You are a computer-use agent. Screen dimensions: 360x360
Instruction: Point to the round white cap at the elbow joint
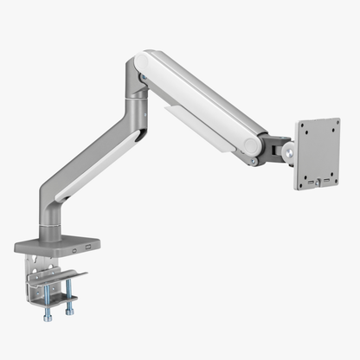tap(142, 67)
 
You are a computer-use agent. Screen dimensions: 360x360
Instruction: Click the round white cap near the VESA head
tap(253, 144)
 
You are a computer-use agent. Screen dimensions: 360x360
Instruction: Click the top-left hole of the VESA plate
tap(304, 129)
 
